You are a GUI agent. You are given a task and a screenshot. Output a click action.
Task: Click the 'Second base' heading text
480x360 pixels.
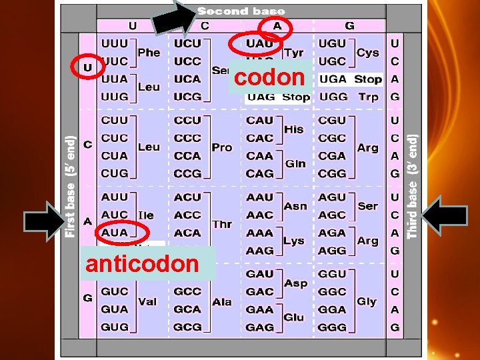click(x=241, y=11)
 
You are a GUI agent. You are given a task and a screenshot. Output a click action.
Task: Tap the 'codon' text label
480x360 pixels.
click(x=269, y=77)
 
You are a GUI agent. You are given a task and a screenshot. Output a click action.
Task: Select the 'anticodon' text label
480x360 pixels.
click(x=141, y=263)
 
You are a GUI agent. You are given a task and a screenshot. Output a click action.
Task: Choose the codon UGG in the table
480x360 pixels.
click(x=333, y=97)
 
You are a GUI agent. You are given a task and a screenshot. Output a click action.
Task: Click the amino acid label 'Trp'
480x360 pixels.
click(x=368, y=97)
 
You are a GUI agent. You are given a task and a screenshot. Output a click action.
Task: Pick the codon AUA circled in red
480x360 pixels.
click(x=115, y=233)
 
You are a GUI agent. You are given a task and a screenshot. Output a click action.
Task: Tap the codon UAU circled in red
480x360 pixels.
click(x=260, y=43)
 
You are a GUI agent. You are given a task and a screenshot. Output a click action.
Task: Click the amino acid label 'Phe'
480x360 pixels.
click(x=148, y=52)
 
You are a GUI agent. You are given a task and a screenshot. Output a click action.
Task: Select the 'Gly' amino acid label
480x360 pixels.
click(x=367, y=301)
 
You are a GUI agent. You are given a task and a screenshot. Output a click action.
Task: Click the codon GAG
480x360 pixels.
click(x=260, y=327)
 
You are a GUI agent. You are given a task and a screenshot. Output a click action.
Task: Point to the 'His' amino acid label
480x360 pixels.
click(x=294, y=129)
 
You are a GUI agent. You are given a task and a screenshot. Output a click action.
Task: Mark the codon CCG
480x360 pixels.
click(x=187, y=173)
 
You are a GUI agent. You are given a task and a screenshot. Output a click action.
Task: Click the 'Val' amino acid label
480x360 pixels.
click(x=147, y=301)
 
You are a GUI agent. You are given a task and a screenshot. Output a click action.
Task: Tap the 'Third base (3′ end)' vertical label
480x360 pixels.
click(x=413, y=187)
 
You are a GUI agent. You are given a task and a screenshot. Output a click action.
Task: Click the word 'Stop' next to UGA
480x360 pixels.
click(x=368, y=79)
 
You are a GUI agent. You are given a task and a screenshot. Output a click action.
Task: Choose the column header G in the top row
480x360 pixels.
click(x=349, y=26)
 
